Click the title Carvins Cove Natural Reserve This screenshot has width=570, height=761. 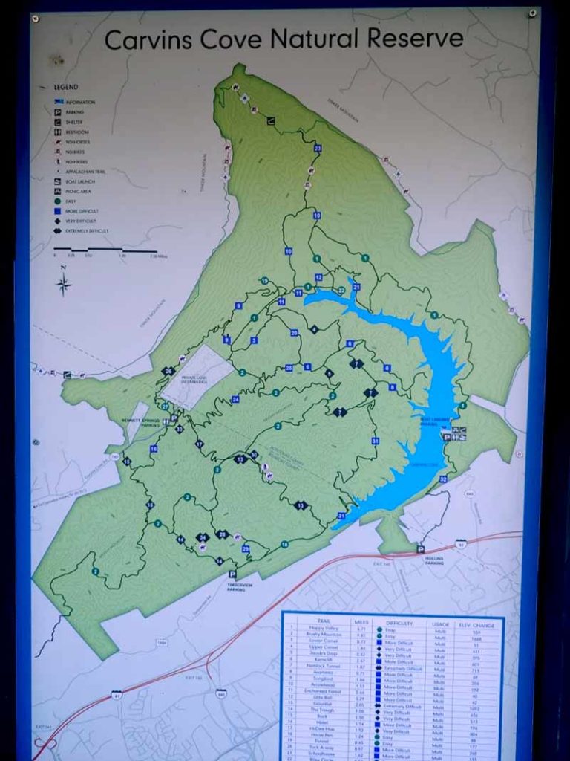click(284, 39)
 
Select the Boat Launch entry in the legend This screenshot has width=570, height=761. click(80, 181)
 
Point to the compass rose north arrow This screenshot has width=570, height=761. click(65, 282)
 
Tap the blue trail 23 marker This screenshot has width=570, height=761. click(318, 149)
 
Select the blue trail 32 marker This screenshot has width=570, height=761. click(443, 479)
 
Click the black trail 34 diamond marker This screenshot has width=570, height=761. click(202, 537)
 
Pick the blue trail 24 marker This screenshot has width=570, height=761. click(235, 399)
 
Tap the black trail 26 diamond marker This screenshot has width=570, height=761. click(169, 372)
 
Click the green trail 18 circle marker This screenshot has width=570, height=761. click(284, 545)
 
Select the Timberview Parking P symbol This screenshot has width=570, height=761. click(232, 574)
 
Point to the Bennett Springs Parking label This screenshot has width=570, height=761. click(141, 423)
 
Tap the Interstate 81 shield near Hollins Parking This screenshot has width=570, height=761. click(461, 544)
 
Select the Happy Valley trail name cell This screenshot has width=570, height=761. click(317, 630)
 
